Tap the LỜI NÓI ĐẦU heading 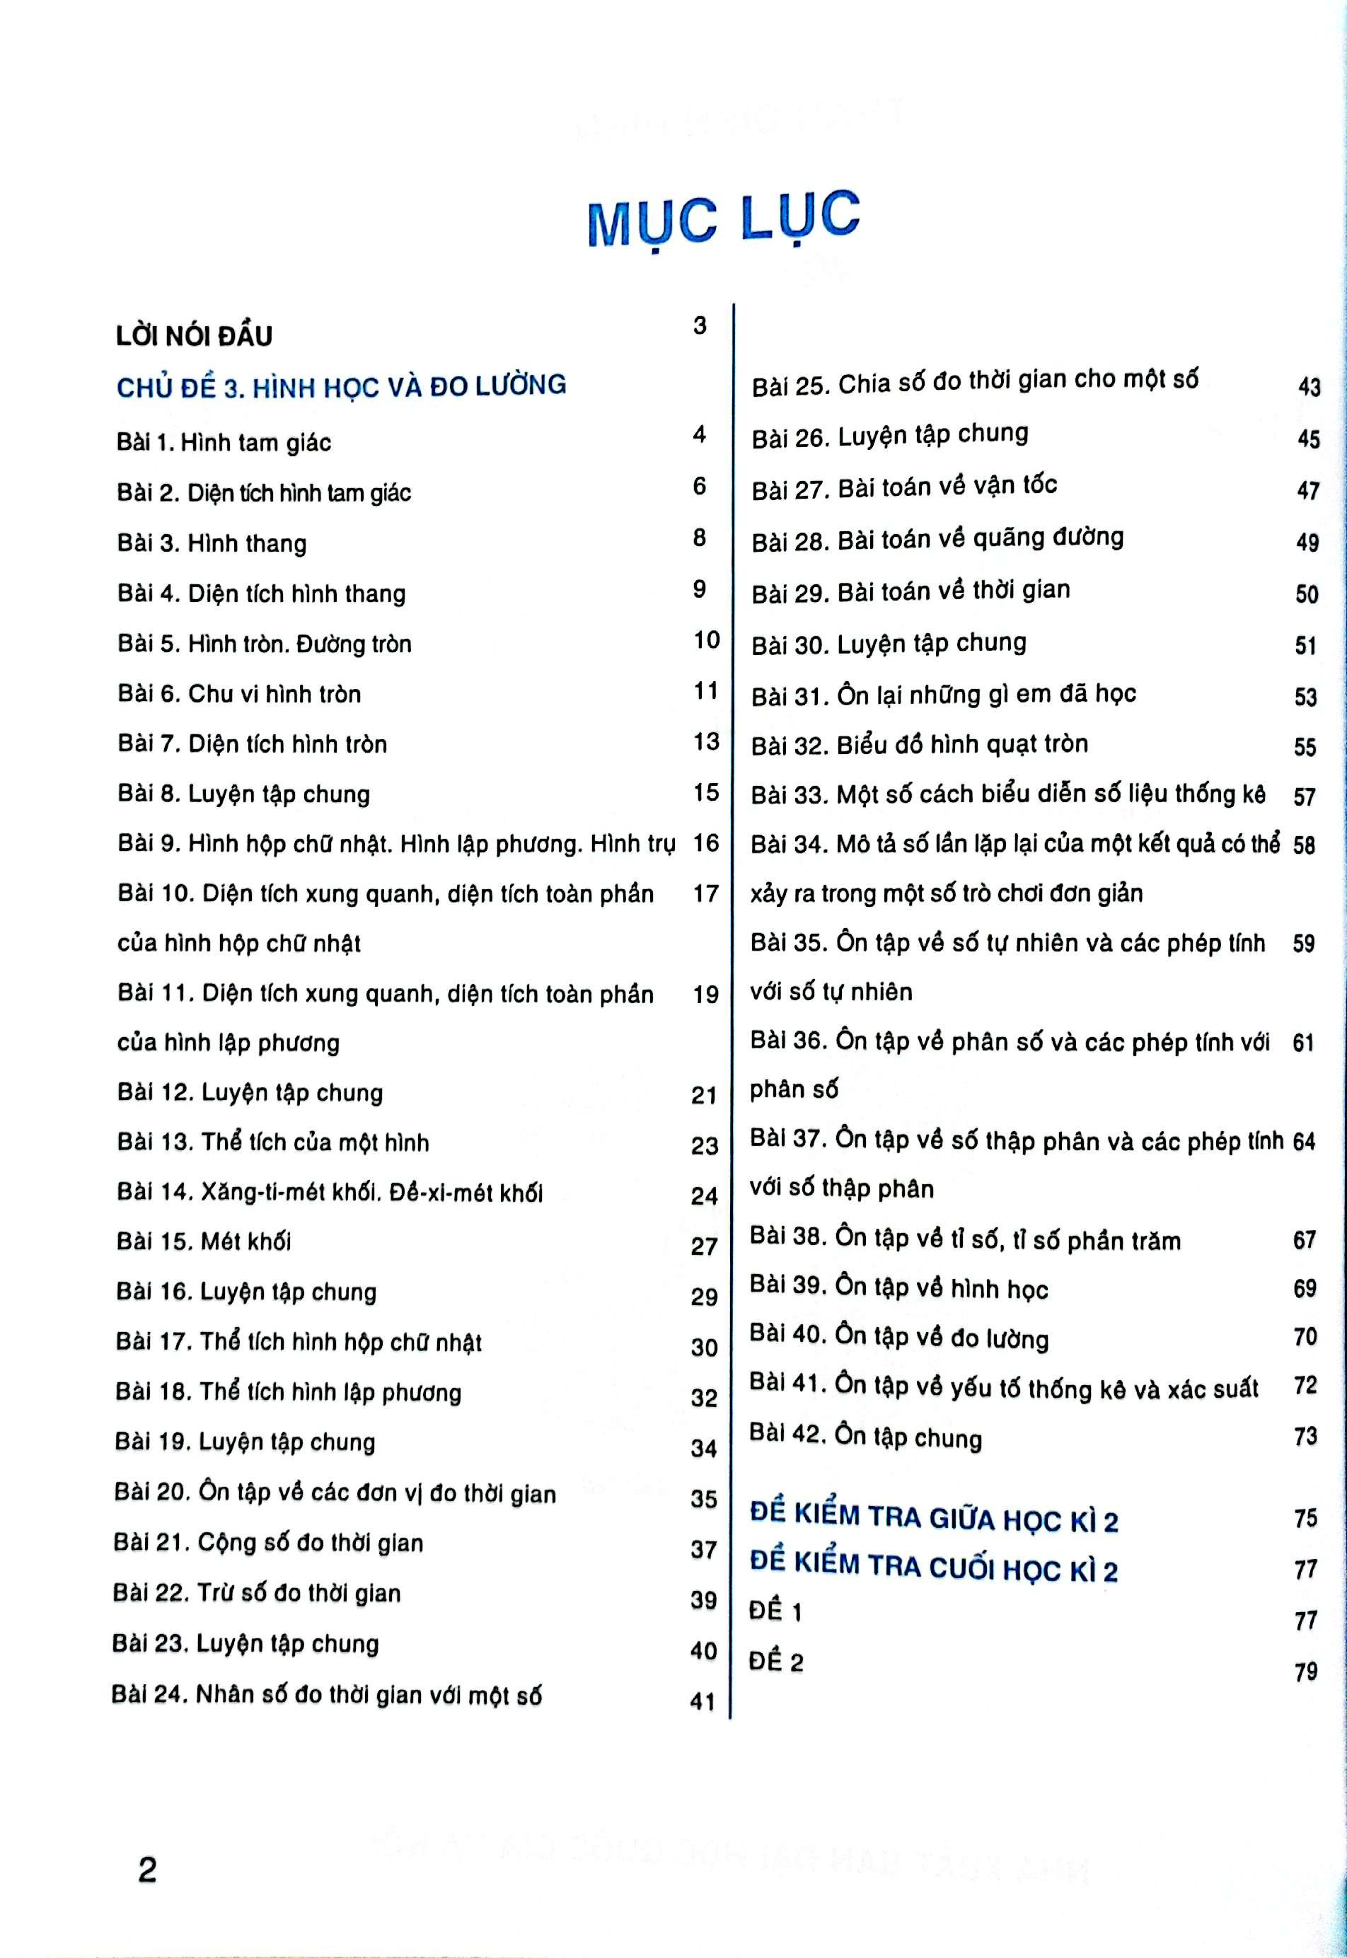point(194,336)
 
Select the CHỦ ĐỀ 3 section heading point(341,386)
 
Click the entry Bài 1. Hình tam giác point(224,442)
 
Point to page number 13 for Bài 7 point(705,742)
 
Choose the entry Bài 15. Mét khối point(204,1241)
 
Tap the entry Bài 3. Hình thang point(211,543)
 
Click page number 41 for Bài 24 point(703,1701)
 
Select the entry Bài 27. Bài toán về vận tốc point(904,487)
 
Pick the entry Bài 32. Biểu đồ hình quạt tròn point(919,744)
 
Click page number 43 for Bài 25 point(1309,386)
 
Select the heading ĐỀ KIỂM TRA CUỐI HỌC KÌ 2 point(933,1568)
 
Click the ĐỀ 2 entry point(775,1662)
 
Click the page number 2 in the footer point(147,1870)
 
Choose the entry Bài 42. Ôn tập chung point(865,1437)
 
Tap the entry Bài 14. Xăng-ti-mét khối point(329,1192)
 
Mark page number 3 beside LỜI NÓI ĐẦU point(700,326)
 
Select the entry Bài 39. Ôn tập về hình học point(899,1289)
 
